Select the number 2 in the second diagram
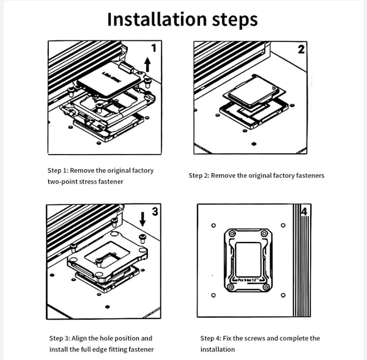301,49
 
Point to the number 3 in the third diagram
155,211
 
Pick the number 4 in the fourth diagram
305,212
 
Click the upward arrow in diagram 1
146,63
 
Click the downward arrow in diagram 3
143,218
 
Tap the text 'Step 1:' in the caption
59,170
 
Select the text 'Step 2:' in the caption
200,175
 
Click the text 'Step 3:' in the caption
61,338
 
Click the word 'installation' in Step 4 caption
217,350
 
